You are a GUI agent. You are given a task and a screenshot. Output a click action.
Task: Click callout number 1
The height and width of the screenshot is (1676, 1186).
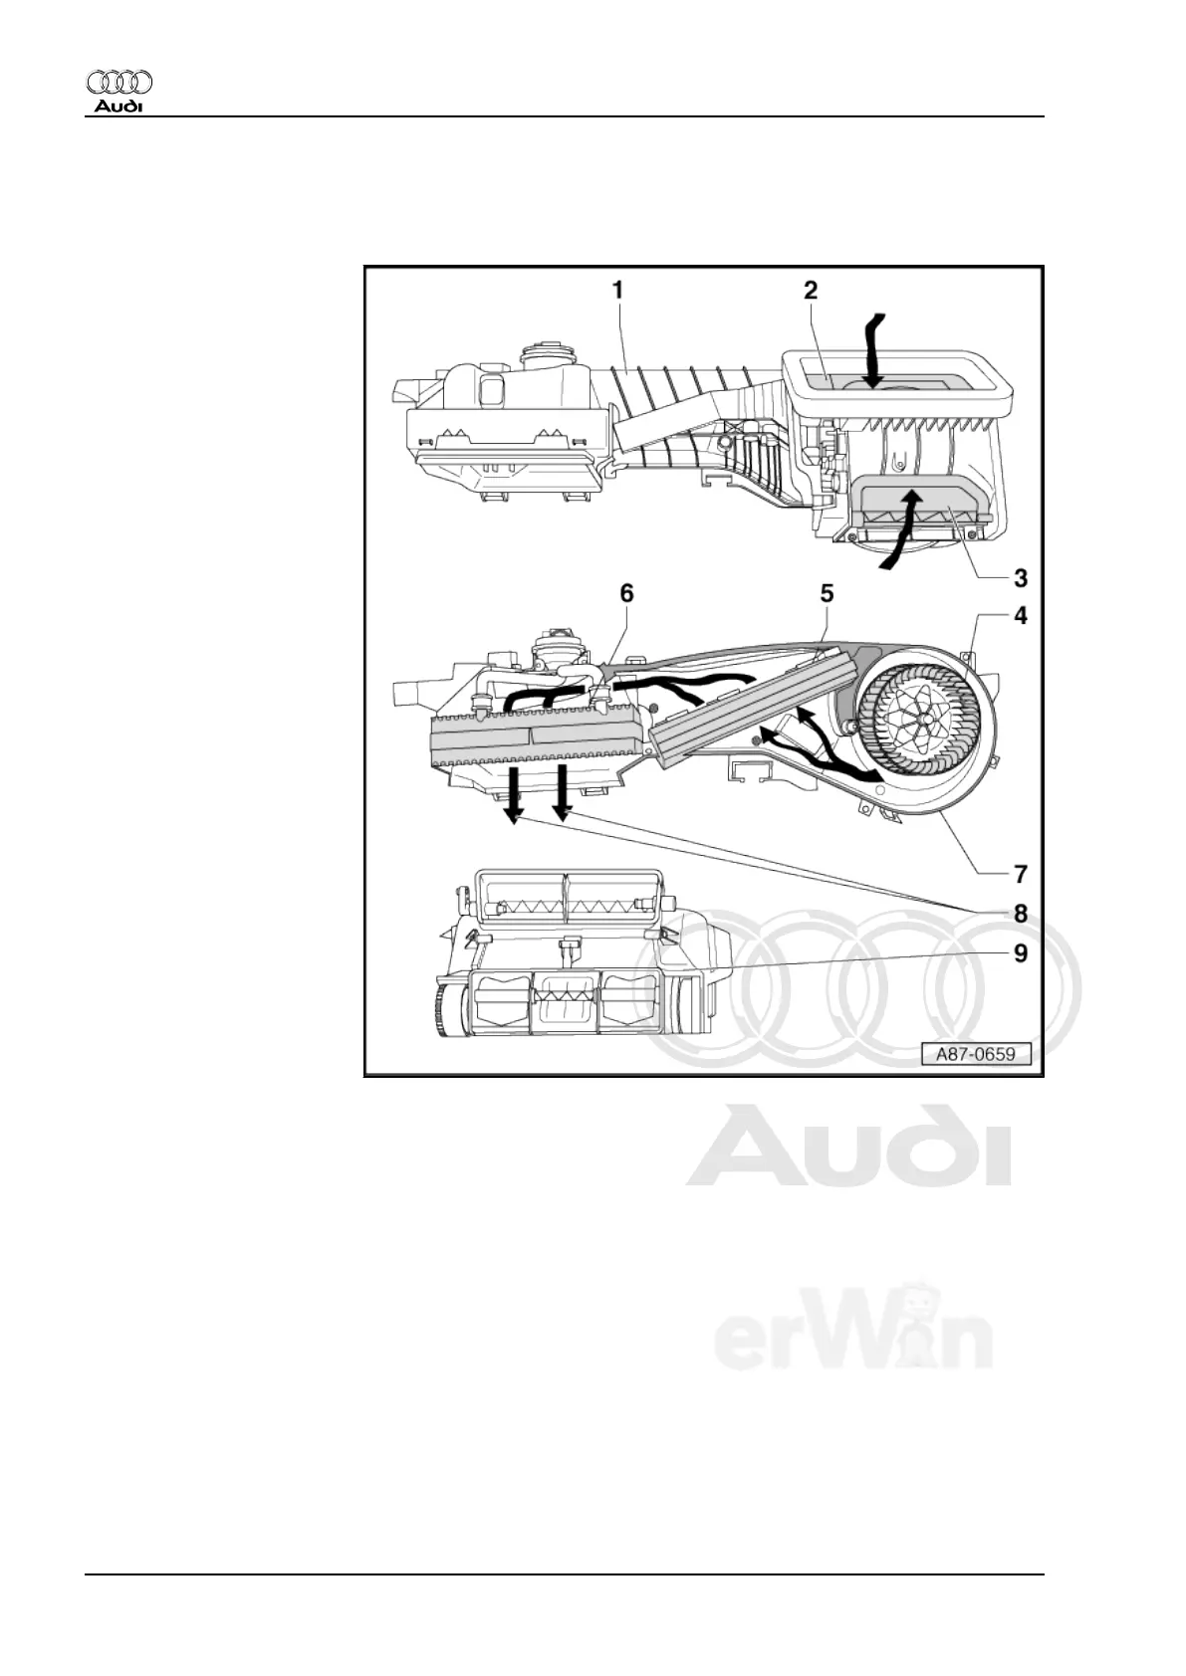[x=618, y=290]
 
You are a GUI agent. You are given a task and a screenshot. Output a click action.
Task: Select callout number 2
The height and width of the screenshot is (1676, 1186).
[x=811, y=290]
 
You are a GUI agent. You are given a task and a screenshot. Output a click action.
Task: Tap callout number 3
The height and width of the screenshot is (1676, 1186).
[x=1020, y=577]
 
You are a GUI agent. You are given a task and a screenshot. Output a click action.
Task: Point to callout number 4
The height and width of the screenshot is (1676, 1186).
[x=1020, y=616]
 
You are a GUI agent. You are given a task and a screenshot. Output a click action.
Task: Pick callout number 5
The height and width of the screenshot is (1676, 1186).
[x=827, y=594]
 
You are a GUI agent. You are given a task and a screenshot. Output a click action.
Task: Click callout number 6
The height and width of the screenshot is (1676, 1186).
[x=626, y=593]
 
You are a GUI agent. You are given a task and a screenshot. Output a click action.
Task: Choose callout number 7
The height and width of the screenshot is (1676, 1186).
[x=1020, y=874]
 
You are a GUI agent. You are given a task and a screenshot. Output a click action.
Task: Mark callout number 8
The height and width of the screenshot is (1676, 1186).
[x=1020, y=913]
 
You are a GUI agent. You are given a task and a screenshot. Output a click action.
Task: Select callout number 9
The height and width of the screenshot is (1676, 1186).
[x=1020, y=952]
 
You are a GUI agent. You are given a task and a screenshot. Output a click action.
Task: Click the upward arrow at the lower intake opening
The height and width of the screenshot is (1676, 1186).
[x=905, y=526]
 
